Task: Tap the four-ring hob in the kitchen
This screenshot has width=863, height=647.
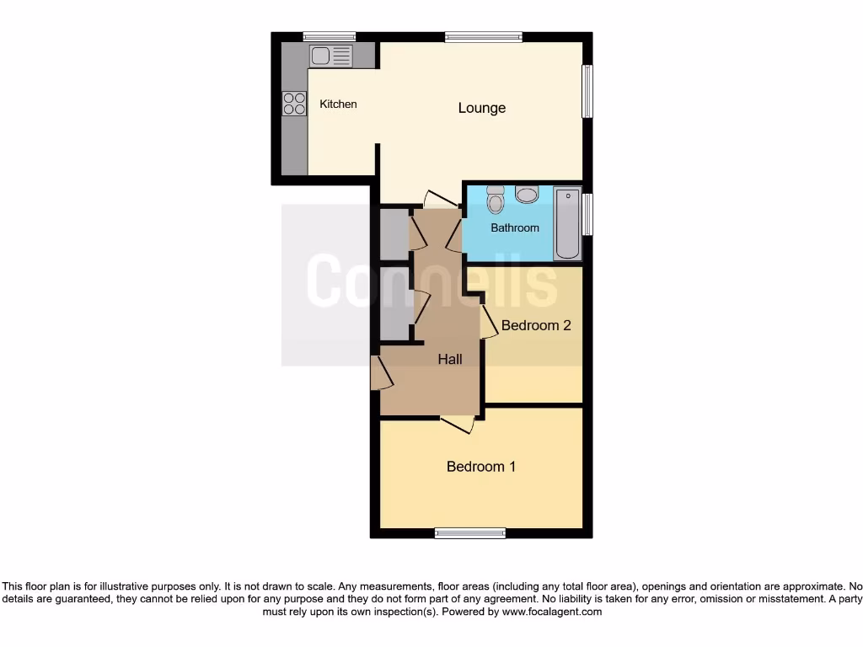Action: point(294,104)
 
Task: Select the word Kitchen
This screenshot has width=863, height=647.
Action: point(338,104)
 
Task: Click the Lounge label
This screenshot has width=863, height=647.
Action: point(482,108)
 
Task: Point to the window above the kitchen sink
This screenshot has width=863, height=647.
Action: point(329,36)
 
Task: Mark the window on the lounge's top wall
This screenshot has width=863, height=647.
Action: point(484,36)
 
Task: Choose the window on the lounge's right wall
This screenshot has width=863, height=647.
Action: point(587,92)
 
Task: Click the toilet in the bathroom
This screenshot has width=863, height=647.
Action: point(495,200)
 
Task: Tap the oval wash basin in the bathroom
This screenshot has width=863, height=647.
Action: point(528,195)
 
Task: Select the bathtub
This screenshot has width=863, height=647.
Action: point(567,223)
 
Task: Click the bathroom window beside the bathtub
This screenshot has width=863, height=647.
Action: point(588,214)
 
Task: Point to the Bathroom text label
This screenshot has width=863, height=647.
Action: point(515,227)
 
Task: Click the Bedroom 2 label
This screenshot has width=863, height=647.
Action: point(536,325)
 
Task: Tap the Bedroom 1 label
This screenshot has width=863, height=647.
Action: point(481,467)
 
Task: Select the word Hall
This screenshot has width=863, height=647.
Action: point(450,360)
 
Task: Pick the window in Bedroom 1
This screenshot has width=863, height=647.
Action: point(470,532)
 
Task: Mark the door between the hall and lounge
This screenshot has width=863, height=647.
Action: point(440,200)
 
